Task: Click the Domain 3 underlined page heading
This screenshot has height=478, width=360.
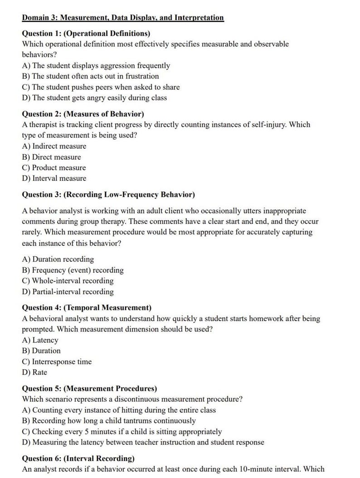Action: tap(123, 18)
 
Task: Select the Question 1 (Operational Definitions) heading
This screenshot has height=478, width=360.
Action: tap(86, 34)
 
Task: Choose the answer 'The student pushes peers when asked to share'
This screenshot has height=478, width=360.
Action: tap(101, 87)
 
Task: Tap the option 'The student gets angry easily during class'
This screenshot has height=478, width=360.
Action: tap(94, 98)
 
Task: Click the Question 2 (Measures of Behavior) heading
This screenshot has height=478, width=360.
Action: tap(83, 114)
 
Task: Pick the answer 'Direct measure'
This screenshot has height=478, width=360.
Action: tap(51, 157)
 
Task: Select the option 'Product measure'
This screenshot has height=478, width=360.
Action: tap(54, 168)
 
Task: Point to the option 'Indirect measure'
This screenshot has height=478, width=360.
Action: tap(54, 146)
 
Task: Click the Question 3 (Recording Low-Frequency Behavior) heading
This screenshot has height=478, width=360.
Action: tap(108, 195)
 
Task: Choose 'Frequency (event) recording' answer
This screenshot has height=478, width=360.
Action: tap(73, 270)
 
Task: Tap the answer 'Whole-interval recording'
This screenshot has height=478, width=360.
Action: tap(68, 281)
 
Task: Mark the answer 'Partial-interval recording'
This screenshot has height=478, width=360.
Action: tap(68, 292)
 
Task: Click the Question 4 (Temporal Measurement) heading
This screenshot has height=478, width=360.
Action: tap(87, 307)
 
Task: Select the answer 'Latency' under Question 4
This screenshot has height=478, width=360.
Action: tap(40, 340)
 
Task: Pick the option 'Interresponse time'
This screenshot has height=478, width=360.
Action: tap(57, 361)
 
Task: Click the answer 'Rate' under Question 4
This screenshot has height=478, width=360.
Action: tap(34, 372)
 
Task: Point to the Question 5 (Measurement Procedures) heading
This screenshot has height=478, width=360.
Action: tap(89, 388)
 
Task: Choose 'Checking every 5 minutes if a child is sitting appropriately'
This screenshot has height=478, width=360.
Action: tap(122, 431)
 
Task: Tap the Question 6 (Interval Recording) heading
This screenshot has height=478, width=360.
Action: tap(78, 458)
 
